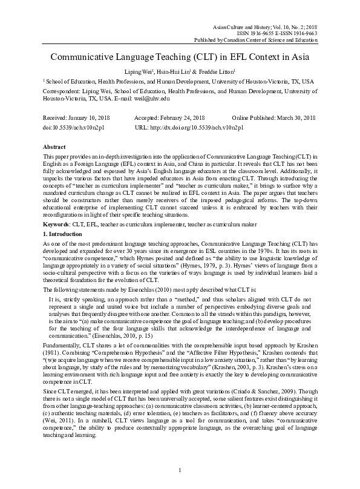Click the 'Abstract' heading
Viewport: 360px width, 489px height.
coord(54,147)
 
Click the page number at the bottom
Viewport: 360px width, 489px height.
coord(180,471)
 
